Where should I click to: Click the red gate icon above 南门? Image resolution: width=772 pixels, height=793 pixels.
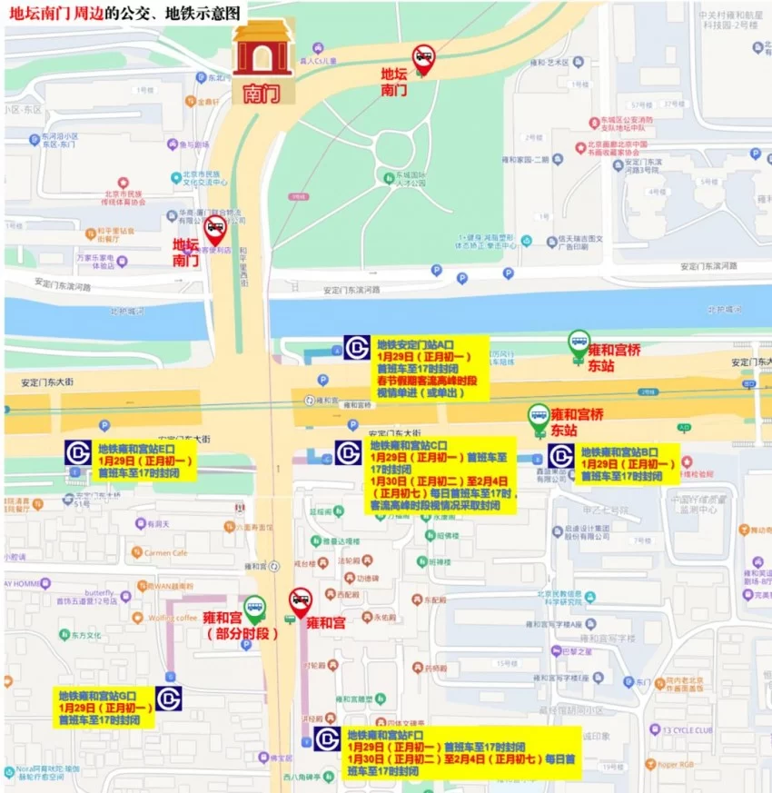[x=262, y=49]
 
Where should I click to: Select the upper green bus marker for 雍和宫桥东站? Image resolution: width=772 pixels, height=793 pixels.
[x=579, y=342]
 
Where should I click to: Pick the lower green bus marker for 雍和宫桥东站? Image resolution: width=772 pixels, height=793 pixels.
[x=539, y=416]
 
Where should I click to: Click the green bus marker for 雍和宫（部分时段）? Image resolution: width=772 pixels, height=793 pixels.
[x=255, y=606]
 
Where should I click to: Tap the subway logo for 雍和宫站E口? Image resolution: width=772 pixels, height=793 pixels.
[x=78, y=452]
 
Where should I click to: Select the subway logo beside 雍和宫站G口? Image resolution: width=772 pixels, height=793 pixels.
[x=169, y=698]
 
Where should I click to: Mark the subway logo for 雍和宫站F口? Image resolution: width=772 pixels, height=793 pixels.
[x=327, y=738]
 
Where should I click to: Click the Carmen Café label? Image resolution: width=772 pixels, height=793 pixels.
[x=164, y=552]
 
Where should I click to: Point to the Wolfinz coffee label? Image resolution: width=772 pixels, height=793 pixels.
[x=173, y=618]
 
